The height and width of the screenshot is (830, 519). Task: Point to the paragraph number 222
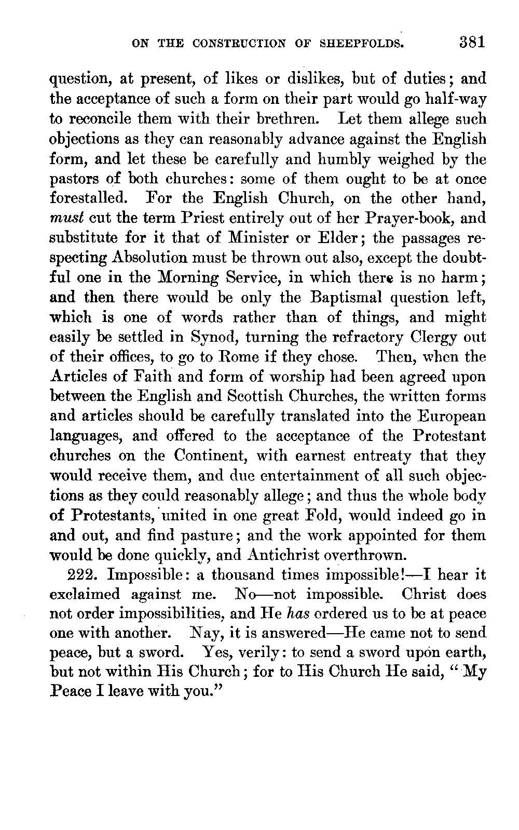82,575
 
